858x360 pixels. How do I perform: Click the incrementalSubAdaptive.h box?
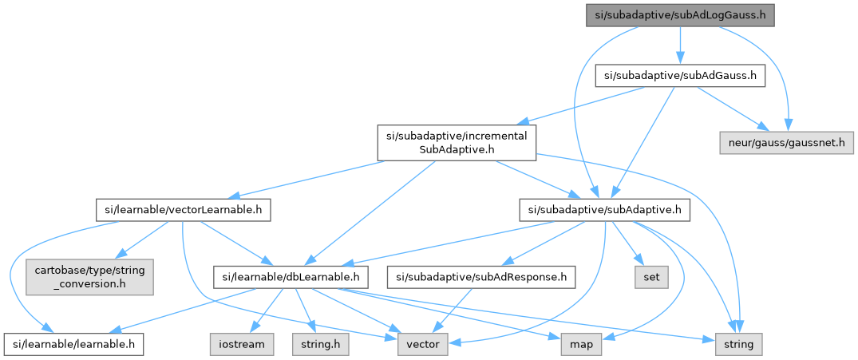457,143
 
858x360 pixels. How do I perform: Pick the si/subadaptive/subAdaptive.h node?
604,211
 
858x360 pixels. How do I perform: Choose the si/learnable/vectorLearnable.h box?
183,211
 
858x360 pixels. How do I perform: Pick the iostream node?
243,344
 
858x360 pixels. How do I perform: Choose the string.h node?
321,344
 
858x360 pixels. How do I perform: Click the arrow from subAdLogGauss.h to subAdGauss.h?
679,45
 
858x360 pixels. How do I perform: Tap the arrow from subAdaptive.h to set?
628,244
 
